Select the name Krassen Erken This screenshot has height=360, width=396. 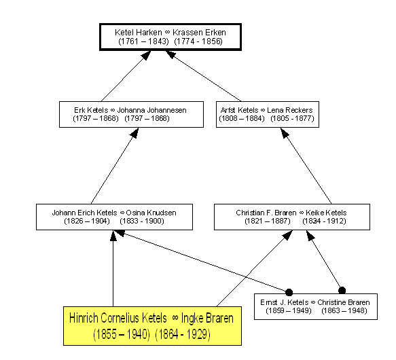tap(199, 33)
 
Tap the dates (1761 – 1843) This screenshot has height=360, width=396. tap(143, 41)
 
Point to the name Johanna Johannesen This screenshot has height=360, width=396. tap(151, 110)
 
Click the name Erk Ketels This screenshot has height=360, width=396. tap(91, 110)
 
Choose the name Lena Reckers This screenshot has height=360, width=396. tap(289, 110)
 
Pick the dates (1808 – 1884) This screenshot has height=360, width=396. tap(242, 118)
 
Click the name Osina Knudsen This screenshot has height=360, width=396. tap(151, 213)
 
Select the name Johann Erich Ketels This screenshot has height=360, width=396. tap(85, 213)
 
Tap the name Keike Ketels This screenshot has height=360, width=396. tap(326, 213)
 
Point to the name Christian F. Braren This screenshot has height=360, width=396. tap(266, 213)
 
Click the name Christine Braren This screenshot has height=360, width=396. tap(344, 302)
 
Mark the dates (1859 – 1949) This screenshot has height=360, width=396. tap(289, 310)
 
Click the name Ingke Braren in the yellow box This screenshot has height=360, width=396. tap(207, 318)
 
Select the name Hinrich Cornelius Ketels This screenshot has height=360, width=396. tap(118, 318)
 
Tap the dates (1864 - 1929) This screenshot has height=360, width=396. tap(183, 334)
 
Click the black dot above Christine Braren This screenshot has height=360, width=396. tap(342, 291)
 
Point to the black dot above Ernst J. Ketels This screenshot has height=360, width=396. tap(289, 292)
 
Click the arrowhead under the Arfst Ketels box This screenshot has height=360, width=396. tap(285, 133)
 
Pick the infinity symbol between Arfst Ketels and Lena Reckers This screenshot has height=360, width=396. tap(263, 111)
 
